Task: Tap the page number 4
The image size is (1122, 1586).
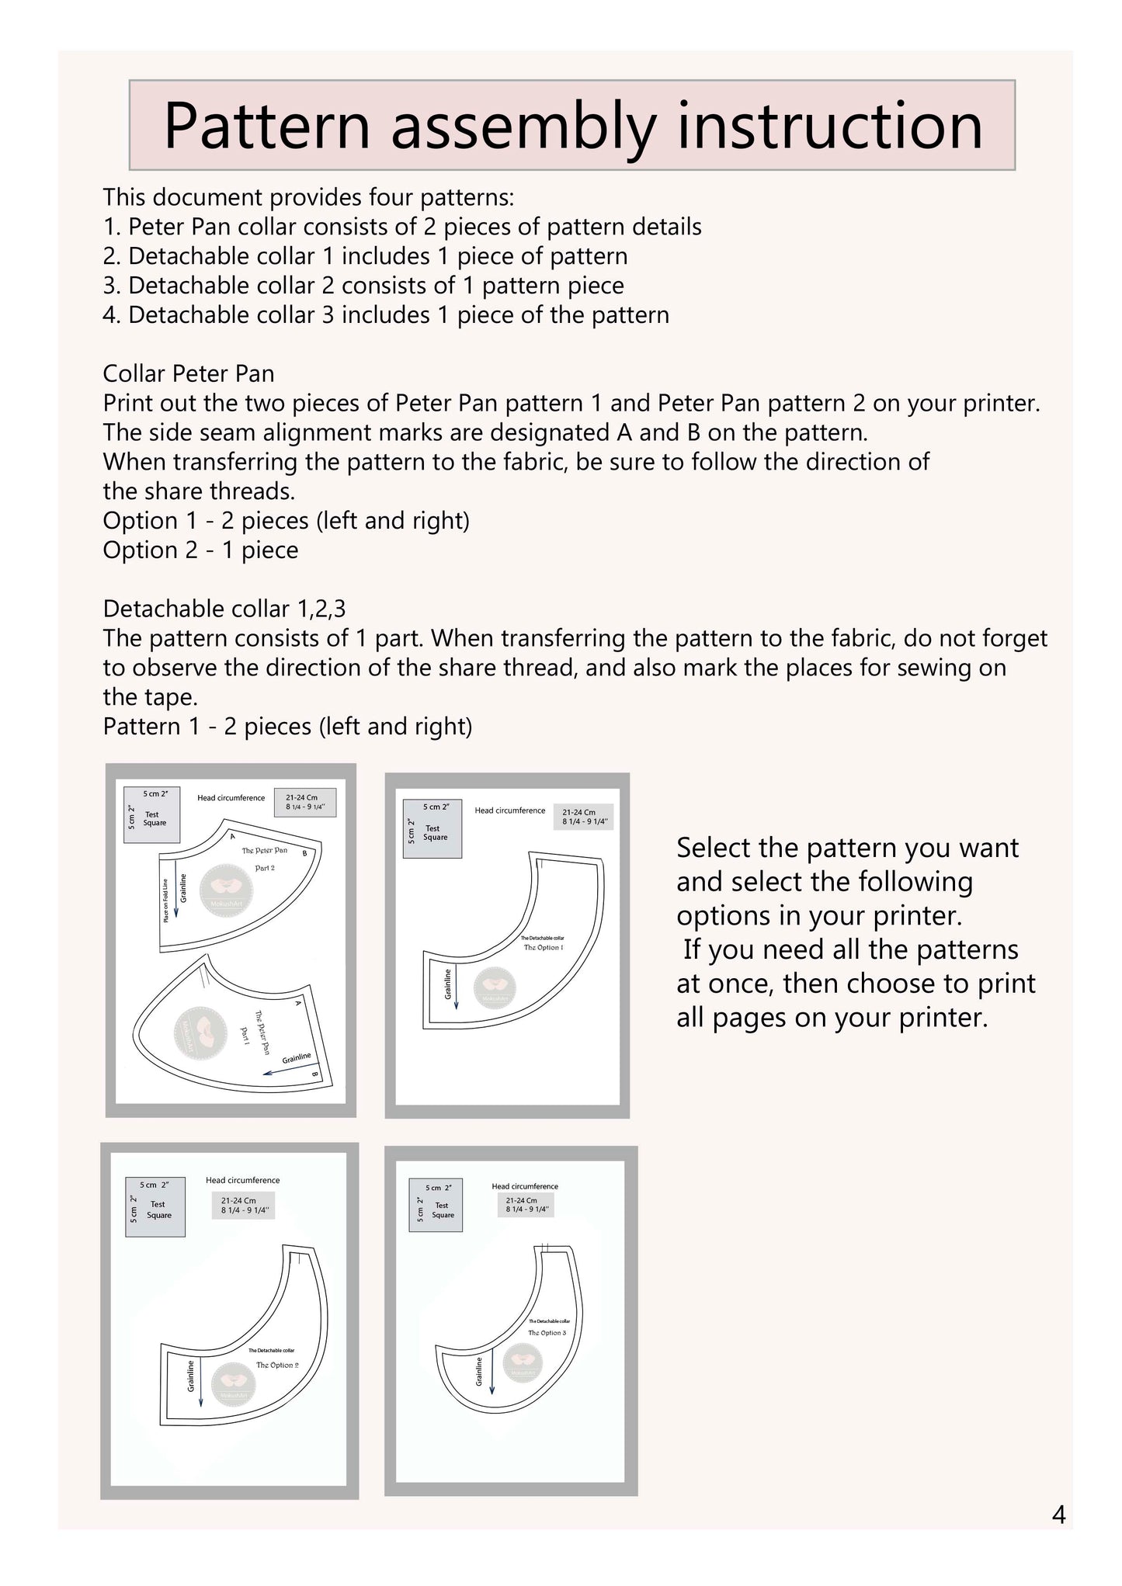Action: (x=1058, y=1515)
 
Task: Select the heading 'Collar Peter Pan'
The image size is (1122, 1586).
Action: (x=189, y=374)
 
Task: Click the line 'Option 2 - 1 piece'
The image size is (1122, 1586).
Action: (x=200, y=550)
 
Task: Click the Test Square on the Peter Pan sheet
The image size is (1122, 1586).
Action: (x=152, y=814)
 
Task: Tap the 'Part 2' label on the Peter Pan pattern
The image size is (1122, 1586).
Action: (x=265, y=868)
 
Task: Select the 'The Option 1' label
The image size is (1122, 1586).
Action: (x=544, y=948)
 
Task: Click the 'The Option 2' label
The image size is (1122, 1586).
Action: (x=277, y=1365)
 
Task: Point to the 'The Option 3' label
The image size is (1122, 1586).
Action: (x=547, y=1333)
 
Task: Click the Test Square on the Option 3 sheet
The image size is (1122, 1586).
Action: (x=436, y=1209)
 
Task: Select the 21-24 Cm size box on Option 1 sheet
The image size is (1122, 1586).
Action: (x=583, y=817)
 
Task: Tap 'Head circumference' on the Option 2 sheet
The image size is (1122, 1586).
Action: (x=242, y=1181)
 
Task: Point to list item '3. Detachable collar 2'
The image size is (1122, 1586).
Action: (x=363, y=286)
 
